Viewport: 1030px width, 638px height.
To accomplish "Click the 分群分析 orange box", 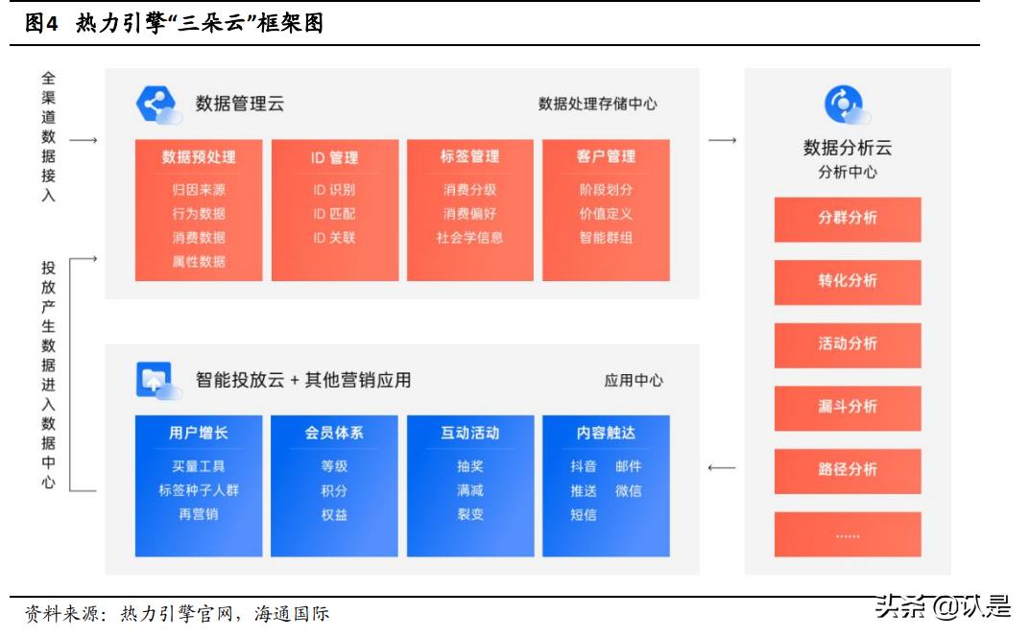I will coord(848,219).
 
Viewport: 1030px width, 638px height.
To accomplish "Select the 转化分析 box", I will coord(848,281).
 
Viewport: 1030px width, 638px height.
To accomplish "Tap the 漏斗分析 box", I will coord(848,407).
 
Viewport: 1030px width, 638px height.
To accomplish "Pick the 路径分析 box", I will coord(848,470).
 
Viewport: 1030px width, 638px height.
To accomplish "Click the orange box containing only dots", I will coord(848,533).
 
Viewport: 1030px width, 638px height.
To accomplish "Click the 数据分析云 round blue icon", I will coord(846,105).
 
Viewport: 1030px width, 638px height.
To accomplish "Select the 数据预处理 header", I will coord(199,156).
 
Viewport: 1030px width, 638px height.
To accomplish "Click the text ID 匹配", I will coord(334,214).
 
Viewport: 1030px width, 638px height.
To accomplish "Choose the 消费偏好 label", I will coord(470,214).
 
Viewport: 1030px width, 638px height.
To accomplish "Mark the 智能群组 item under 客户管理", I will coord(606,238).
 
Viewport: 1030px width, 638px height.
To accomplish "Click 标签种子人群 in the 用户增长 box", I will coord(199,490).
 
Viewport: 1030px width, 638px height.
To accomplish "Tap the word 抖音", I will coord(584,466).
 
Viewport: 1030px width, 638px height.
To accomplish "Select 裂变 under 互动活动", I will coord(470,514).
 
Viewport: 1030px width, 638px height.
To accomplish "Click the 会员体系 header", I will coord(334,433).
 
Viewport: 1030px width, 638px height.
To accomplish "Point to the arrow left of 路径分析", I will coord(721,469).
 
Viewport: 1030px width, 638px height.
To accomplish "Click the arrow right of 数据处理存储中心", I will coord(722,141).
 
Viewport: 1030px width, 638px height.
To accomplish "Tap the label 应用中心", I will coord(634,381).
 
